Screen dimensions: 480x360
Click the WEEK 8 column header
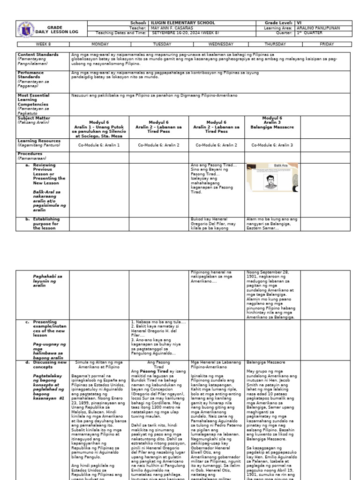43,45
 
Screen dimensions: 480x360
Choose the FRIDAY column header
327,45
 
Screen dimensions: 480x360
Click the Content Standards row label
38,55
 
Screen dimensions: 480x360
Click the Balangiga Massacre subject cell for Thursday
272,123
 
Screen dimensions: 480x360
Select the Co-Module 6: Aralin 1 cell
99,145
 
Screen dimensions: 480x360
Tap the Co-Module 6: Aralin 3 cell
272,145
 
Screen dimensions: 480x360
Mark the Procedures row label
30,154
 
